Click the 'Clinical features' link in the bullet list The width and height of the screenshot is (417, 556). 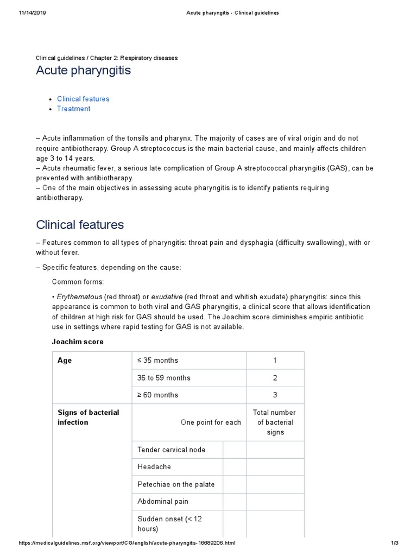[83, 99]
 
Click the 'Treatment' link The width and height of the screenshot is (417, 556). [73, 109]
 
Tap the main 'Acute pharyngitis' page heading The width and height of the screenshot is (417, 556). [83, 71]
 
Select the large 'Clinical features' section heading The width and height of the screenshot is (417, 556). [80, 224]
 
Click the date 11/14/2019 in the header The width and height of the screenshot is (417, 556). [32, 13]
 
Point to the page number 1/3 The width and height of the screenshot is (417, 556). [395, 543]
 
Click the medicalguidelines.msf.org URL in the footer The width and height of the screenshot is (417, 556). [127, 543]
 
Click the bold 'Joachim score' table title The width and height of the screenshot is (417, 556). [77, 342]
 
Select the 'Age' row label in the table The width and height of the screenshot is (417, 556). [65, 361]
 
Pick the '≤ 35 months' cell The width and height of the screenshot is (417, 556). [157, 360]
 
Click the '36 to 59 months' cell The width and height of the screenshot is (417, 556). [164, 377]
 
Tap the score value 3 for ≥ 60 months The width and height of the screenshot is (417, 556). [275, 395]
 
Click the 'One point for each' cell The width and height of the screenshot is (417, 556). [211, 422]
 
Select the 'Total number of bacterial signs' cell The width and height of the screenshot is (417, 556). [275, 422]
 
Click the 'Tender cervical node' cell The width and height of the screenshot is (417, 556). [172, 450]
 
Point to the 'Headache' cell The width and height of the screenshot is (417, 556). [154, 467]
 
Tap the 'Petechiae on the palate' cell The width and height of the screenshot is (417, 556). [176, 484]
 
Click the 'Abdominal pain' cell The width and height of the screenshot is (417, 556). [163, 502]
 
